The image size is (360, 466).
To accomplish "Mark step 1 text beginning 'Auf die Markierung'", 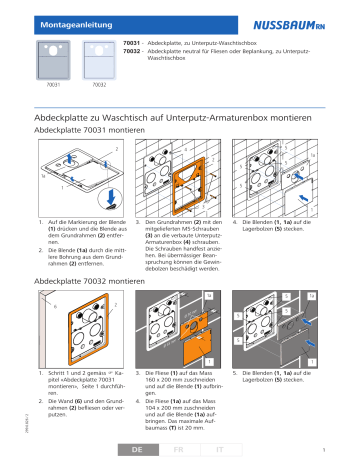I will click(x=75, y=245).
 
